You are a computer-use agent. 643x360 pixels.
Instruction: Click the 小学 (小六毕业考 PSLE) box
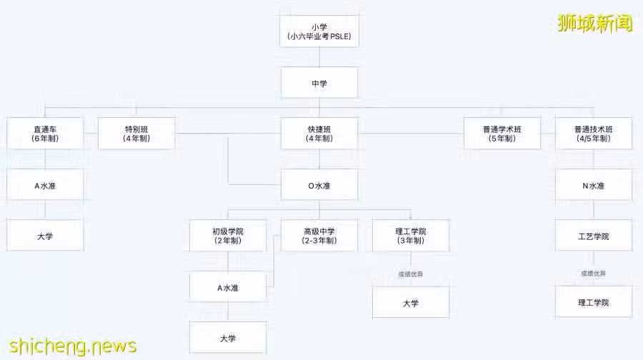pyautogui.click(x=319, y=31)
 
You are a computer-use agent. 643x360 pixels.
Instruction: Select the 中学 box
pyautogui.click(x=319, y=83)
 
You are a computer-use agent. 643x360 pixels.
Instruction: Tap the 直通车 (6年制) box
pyautogui.click(x=45, y=134)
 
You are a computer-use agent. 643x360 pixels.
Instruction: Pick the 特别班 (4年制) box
pyautogui.click(x=136, y=134)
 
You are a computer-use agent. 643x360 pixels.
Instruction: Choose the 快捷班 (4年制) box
pyautogui.click(x=319, y=134)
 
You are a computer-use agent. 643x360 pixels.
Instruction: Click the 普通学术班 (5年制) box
pyautogui.click(x=502, y=134)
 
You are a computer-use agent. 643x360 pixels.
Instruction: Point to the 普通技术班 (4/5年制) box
pyautogui.click(x=594, y=134)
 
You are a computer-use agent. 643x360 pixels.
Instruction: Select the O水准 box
pyautogui.click(x=319, y=185)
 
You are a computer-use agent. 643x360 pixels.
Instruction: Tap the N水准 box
pyautogui.click(x=594, y=185)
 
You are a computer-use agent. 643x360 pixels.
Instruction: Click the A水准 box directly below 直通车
pyautogui.click(x=45, y=185)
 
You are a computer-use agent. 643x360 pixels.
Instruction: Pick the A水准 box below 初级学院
pyautogui.click(x=228, y=287)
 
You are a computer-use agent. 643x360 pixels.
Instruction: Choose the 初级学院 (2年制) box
pyautogui.click(x=228, y=236)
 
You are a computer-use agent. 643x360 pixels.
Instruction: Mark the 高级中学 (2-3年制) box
pyautogui.click(x=319, y=236)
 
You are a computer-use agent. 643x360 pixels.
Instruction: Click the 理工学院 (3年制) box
pyautogui.click(x=411, y=236)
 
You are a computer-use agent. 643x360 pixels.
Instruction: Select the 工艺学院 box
pyautogui.click(x=594, y=236)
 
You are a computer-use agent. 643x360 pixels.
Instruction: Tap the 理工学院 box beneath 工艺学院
pyautogui.click(x=594, y=302)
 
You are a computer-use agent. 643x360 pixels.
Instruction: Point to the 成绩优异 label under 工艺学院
pyautogui.click(x=593, y=274)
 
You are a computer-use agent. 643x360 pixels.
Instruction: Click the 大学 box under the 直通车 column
pyautogui.click(x=45, y=236)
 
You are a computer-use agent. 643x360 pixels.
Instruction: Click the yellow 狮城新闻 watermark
pyautogui.click(x=595, y=23)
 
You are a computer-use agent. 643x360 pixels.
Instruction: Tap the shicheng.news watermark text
pyautogui.click(x=73, y=346)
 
